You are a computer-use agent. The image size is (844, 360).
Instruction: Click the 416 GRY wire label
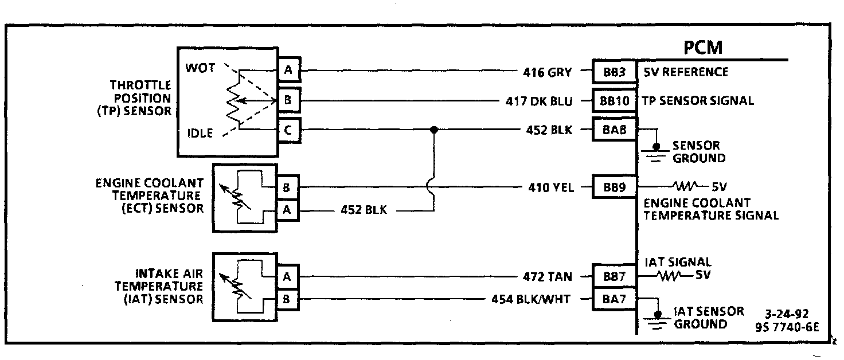pyautogui.click(x=547, y=72)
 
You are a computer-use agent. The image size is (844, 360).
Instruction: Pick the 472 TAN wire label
pyautogui.click(x=547, y=277)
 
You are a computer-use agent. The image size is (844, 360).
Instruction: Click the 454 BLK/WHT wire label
pyautogui.click(x=531, y=299)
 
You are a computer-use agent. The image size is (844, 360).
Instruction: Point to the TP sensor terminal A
pyautogui.click(x=288, y=71)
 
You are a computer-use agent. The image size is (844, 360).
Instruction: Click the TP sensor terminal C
pyautogui.click(x=288, y=130)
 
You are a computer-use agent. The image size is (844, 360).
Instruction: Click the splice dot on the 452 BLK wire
pyautogui.click(x=434, y=130)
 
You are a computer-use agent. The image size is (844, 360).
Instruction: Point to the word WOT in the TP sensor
pyautogui.click(x=200, y=68)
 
